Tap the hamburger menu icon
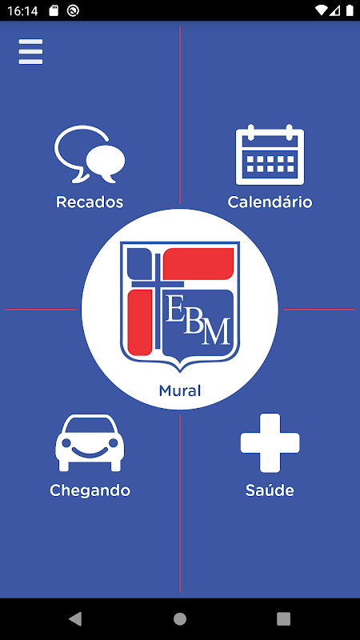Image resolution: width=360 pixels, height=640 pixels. click(30, 52)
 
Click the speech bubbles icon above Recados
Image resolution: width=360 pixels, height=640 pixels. click(90, 154)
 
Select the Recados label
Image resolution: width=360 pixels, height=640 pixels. click(90, 202)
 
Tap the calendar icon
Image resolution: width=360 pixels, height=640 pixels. click(270, 154)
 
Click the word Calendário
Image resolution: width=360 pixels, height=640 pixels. click(270, 202)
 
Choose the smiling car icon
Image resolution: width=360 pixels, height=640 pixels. click(90, 443)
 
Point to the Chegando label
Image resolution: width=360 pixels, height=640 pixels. click(90, 490)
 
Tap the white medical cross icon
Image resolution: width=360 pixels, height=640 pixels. click(270, 443)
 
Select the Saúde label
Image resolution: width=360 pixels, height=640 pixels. click(270, 490)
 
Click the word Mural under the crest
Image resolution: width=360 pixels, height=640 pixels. click(179, 391)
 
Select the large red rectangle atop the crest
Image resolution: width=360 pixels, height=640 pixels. click(198, 264)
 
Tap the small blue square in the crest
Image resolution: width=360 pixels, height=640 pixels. click(139, 263)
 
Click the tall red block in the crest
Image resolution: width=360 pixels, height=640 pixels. click(140, 322)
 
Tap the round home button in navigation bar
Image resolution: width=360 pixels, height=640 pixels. click(179, 618)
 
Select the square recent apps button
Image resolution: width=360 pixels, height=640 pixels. click(283, 618)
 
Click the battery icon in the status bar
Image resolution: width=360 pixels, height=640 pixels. click(350, 10)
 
